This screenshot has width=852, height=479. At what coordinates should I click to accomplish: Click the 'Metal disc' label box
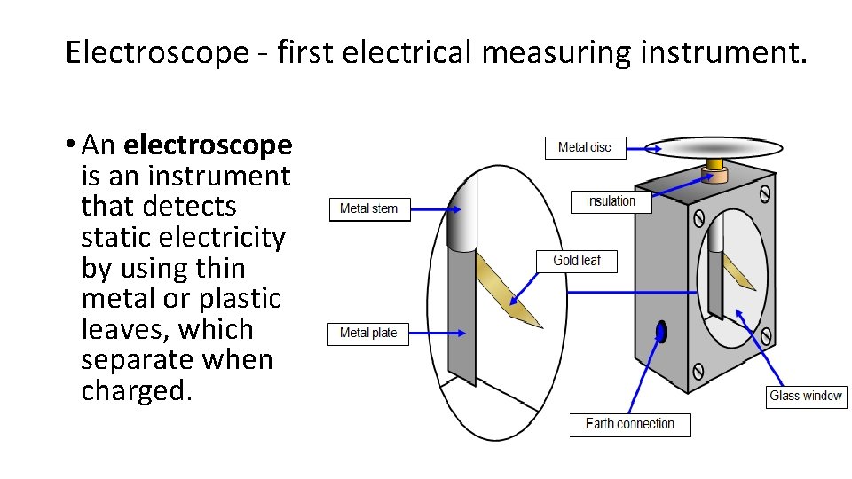(584, 147)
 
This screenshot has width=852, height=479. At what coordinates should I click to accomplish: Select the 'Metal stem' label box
(369, 208)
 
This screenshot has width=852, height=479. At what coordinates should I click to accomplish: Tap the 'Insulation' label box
(611, 201)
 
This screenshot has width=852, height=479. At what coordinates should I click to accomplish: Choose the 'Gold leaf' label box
(577, 260)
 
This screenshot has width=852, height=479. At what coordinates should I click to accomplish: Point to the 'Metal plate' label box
(368, 333)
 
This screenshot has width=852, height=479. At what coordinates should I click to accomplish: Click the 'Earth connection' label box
(629, 424)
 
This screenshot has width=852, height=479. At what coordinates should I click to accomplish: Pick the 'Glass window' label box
(806, 397)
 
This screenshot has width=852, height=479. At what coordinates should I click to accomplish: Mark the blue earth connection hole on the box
(659, 332)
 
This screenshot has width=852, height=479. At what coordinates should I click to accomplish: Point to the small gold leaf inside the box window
(738, 271)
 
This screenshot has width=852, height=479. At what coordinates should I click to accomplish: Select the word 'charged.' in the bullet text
(137, 390)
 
